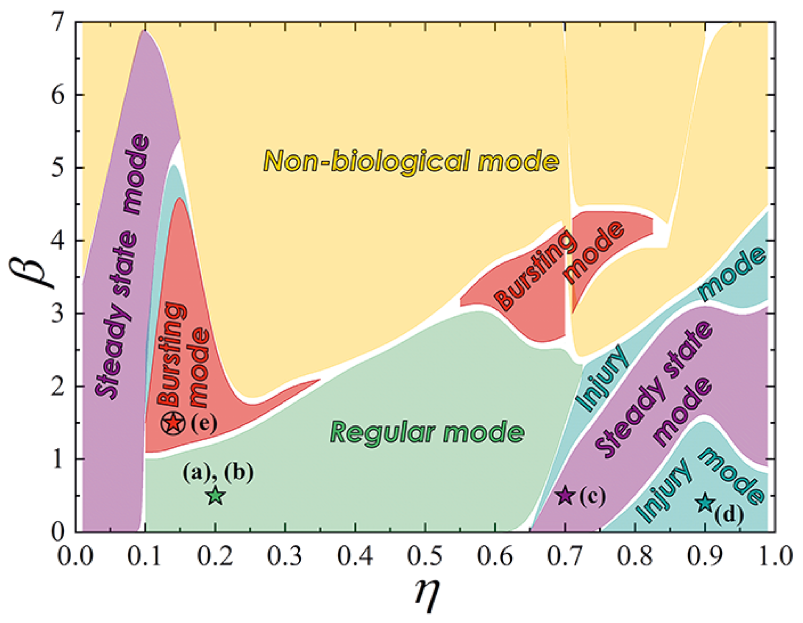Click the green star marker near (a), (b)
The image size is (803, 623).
(x=216, y=495)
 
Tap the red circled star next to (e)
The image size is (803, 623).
(x=173, y=423)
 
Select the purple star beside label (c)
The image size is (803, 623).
(x=565, y=495)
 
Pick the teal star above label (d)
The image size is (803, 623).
(x=706, y=502)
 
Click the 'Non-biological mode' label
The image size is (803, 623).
(x=411, y=161)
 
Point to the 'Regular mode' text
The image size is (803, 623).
(x=428, y=432)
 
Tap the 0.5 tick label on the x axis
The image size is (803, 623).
(x=425, y=556)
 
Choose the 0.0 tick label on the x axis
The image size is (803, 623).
(x=76, y=556)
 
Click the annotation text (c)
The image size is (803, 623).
(x=592, y=496)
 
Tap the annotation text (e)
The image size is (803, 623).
(x=204, y=424)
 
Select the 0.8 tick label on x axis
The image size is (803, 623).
(x=635, y=556)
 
